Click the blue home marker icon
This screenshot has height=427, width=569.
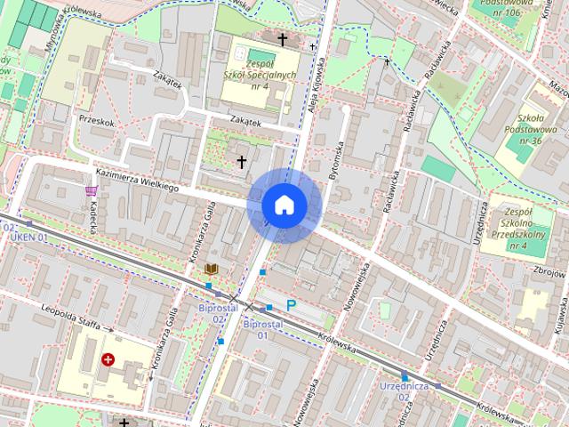coord(284,205)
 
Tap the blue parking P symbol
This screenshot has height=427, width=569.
coord(291,305)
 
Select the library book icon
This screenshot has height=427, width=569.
coord(212,269)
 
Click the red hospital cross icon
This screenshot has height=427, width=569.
coord(108,359)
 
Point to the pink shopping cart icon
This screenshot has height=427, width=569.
coord(91,189)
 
